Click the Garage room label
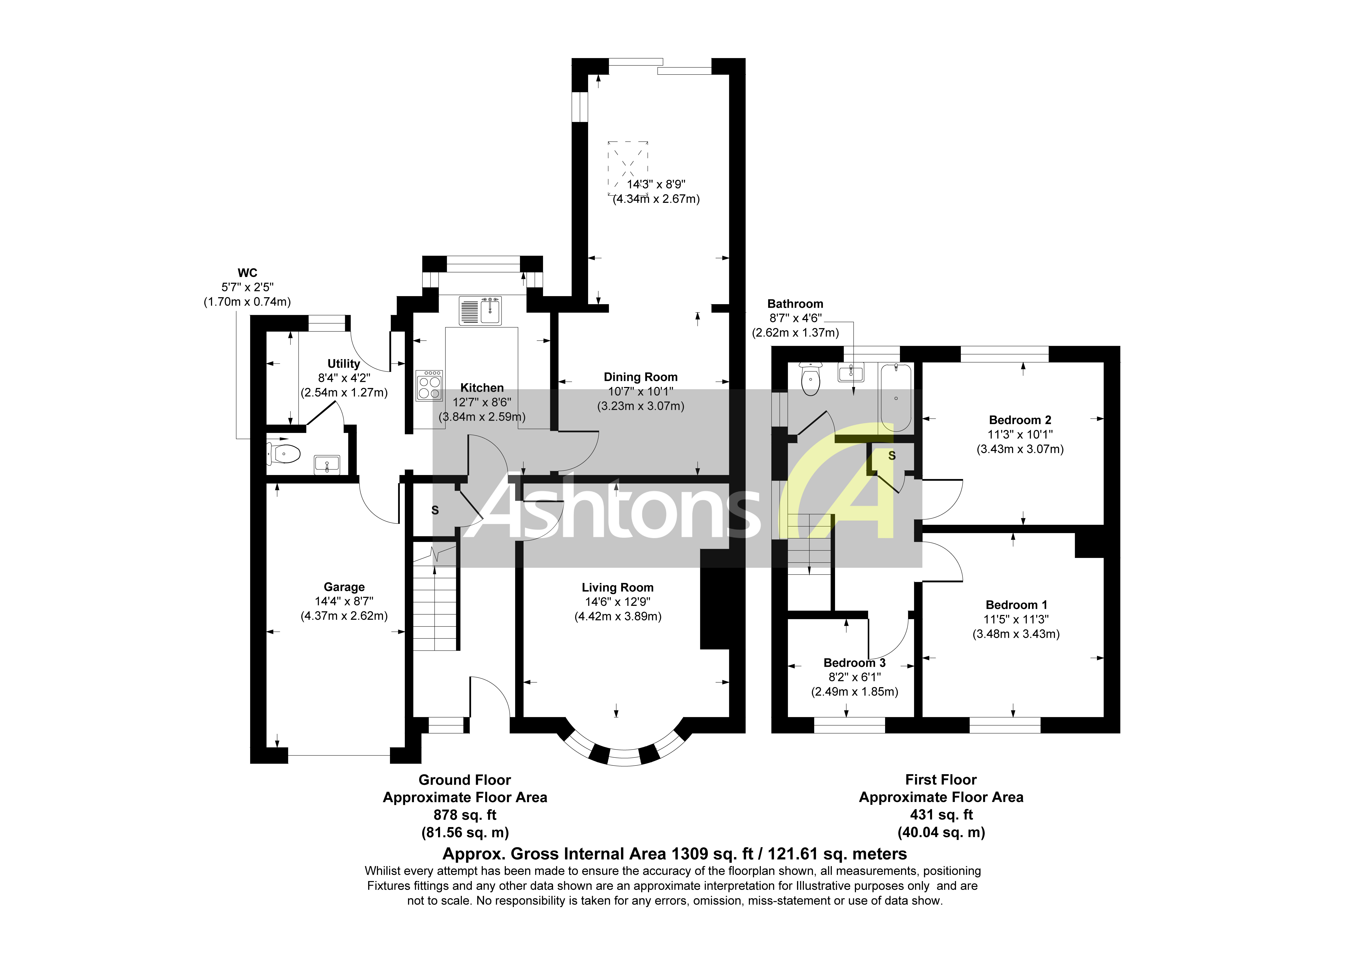pyautogui.click(x=344, y=587)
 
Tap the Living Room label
pyautogui.click(x=617, y=588)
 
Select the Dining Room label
pyautogui.click(x=640, y=377)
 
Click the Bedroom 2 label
pyautogui.click(x=1020, y=420)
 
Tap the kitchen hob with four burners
pyautogui.click(x=429, y=386)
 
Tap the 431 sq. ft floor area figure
pyautogui.click(x=941, y=815)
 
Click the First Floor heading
pyautogui.click(x=941, y=779)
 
